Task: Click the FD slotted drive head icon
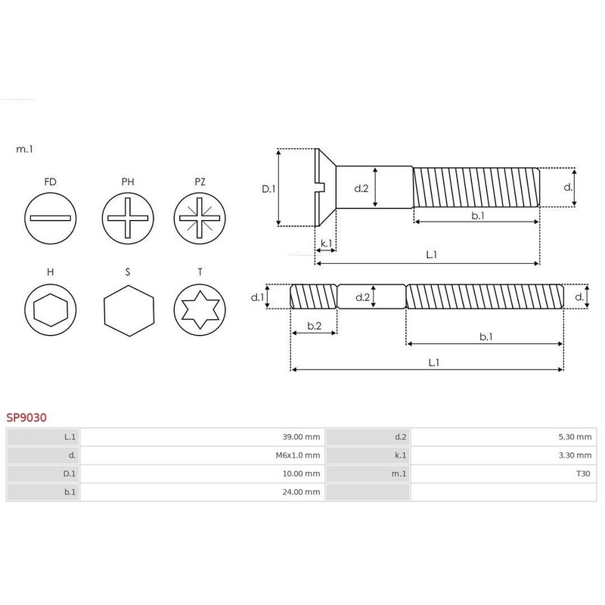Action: [x=51, y=217]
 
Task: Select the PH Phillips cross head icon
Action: [x=128, y=217]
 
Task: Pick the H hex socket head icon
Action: [x=51, y=309]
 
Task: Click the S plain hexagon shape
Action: [x=128, y=309]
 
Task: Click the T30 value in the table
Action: [x=582, y=474]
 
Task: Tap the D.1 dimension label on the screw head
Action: [x=268, y=188]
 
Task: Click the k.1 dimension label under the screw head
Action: [x=326, y=243]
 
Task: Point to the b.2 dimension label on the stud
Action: [x=314, y=325]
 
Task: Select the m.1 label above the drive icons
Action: [x=24, y=150]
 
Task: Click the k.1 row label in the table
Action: [x=400, y=455]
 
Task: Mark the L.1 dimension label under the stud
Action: [x=433, y=362]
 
